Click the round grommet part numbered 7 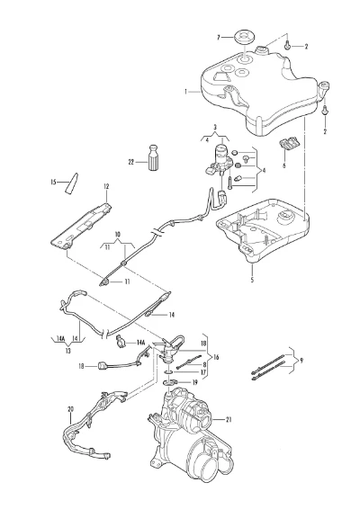(245, 38)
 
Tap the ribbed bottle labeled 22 (154, 157)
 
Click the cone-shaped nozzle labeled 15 (73, 183)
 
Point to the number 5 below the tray (252, 279)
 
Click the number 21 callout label (229, 419)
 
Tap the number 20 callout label (71, 410)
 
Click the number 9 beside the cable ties (301, 361)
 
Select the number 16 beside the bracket (216, 357)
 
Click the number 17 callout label (203, 372)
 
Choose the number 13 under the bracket (67, 351)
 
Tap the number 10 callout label (118, 235)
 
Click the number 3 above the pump (215, 127)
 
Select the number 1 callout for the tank (186, 92)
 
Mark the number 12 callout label (106, 186)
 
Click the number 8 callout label (204, 364)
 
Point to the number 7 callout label (219, 38)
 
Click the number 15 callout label (53, 182)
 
